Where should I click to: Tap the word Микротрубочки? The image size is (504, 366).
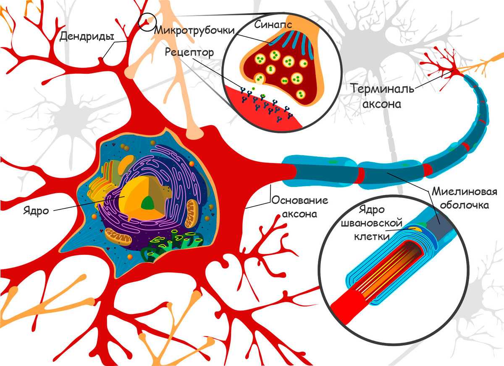click(194, 31)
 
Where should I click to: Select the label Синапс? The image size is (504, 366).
click(273, 24)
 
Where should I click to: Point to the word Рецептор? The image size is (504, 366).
click(189, 52)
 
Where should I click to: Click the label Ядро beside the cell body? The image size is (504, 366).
click(37, 210)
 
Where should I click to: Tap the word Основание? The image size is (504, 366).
click(299, 200)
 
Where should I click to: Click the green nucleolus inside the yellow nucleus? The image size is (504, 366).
click(147, 204)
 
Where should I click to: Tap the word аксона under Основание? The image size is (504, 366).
click(299, 214)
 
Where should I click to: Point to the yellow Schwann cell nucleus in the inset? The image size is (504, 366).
click(417, 228)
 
